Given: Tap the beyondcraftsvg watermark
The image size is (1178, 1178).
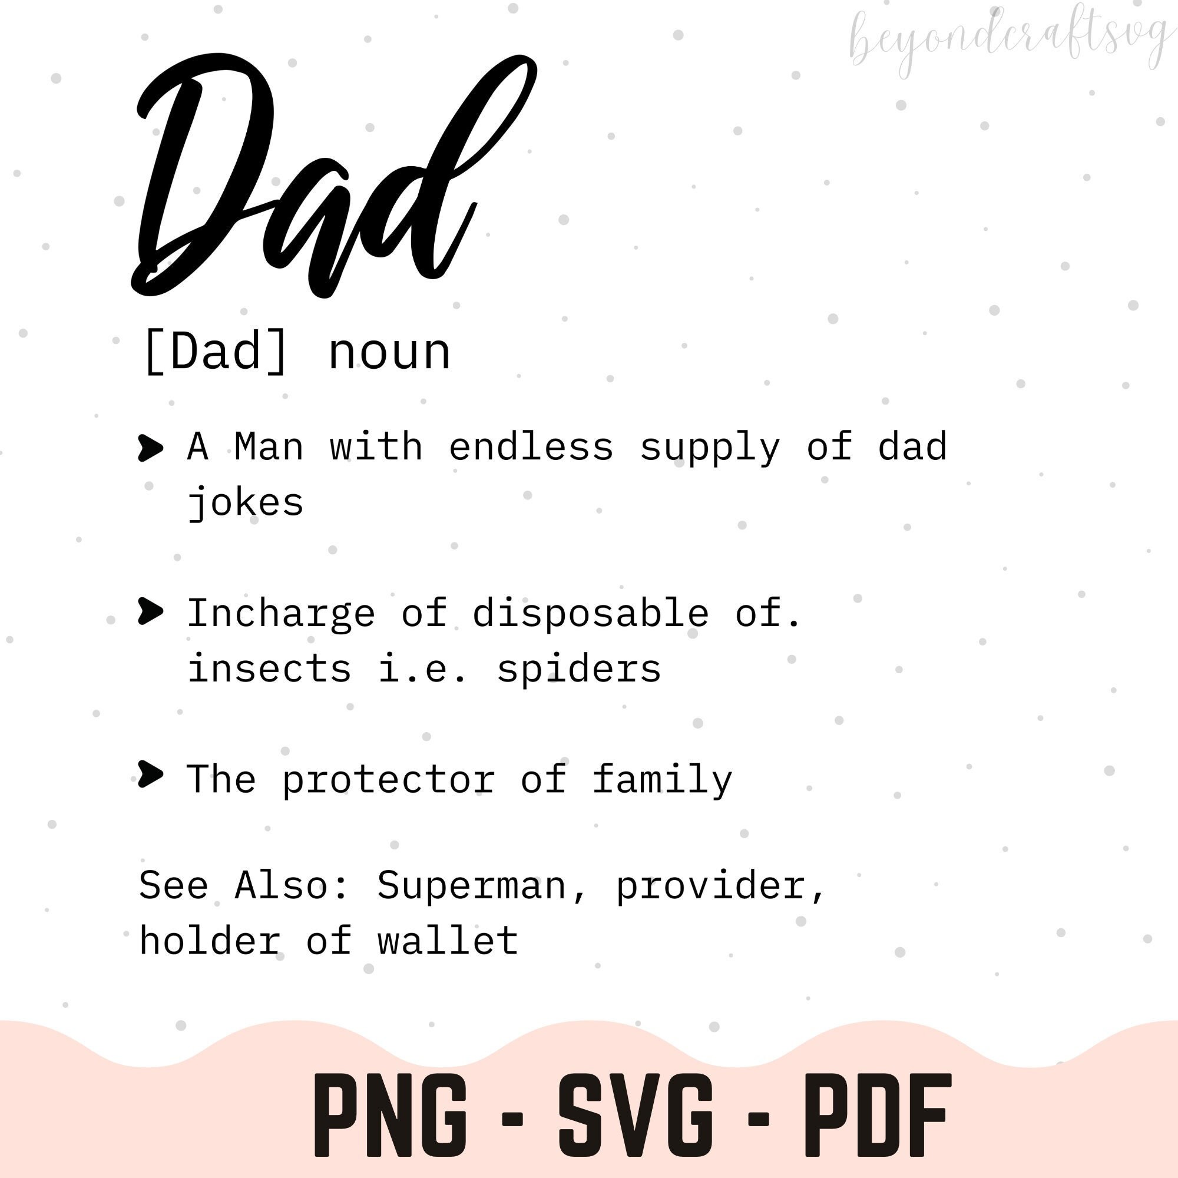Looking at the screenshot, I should (x=1009, y=39).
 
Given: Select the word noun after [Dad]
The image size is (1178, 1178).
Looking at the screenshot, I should (x=389, y=352).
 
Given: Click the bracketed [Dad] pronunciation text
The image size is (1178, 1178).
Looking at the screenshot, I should (x=214, y=352).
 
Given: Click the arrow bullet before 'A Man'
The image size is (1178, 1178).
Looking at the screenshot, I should (x=151, y=448).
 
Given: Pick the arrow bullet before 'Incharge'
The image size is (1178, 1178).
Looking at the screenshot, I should (x=151, y=611).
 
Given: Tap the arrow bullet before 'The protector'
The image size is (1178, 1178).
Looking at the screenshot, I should (x=151, y=775).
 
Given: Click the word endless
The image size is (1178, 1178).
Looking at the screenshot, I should (x=531, y=446).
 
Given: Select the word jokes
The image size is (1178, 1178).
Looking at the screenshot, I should (x=245, y=503).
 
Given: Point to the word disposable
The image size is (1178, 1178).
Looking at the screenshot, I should (x=591, y=613).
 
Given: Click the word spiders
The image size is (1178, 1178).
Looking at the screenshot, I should (x=579, y=669).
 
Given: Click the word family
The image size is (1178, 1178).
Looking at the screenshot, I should (x=662, y=779).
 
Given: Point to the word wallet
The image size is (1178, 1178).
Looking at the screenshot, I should (x=448, y=940).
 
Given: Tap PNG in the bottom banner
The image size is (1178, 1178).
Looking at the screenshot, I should (x=391, y=1116).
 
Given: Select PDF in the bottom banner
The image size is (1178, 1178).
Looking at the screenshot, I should (x=878, y=1116).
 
